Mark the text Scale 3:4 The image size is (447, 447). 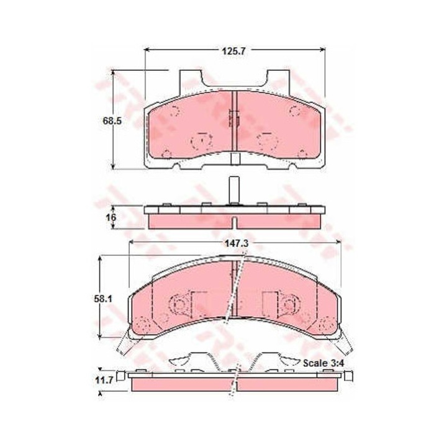pyautogui.click(x=322, y=362)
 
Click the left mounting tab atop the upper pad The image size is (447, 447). pyautogui.click(x=191, y=79)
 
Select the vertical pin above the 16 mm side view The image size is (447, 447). pyautogui.click(x=233, y=189)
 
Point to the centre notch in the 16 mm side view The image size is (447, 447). pyautogui.click(x=234, y=222)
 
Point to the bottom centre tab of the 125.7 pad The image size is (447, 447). pyautogui.click(x=235, y=160)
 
